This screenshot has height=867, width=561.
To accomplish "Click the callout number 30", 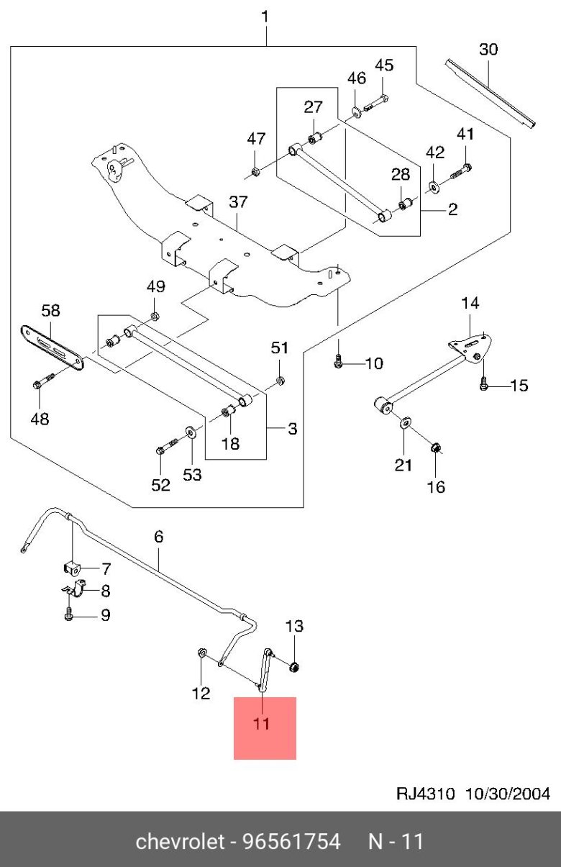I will [488, 49].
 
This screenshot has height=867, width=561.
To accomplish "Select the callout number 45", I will [385, 65].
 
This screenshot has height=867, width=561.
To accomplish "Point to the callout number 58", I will [50, 311].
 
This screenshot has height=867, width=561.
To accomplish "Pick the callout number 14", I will [470, 304].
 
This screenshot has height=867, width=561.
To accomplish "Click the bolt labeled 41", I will [461, 171].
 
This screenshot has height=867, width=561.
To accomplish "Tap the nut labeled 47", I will [255, 171].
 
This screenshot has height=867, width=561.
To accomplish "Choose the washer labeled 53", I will [190, 432].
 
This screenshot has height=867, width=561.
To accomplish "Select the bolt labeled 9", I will [68, 616].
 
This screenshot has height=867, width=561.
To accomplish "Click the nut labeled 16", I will [434, 450].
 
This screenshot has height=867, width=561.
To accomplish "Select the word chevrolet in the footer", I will [180, 841].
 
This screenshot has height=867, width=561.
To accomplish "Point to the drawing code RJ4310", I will [426, 794].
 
